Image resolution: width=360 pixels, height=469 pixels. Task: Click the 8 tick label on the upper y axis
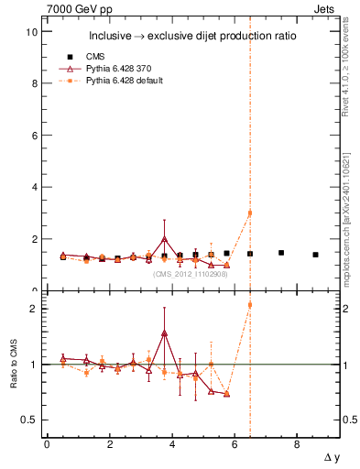34,83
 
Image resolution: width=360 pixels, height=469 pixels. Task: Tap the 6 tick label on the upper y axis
34,136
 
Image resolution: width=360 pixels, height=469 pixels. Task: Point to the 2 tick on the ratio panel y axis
34,309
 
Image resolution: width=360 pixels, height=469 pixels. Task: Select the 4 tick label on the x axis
171,444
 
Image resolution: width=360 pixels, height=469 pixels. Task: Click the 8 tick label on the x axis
297,444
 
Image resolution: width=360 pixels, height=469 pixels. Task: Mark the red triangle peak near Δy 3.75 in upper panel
164,239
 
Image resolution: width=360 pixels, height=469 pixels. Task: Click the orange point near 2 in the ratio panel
250,305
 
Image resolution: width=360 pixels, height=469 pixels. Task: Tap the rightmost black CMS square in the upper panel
315,255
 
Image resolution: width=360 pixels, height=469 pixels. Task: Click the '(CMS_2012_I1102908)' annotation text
190,273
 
